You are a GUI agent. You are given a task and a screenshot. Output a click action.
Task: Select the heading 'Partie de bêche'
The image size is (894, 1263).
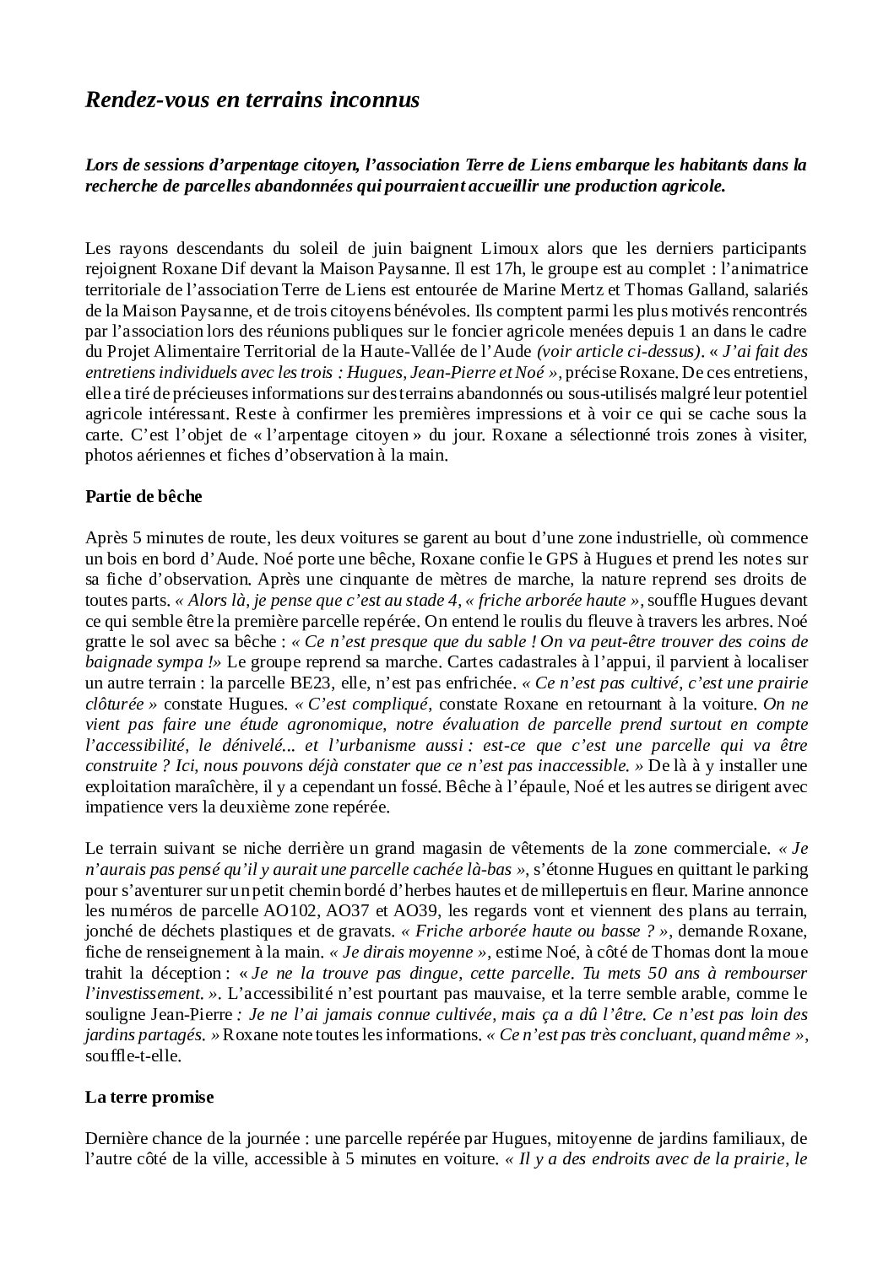click(144, 496)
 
